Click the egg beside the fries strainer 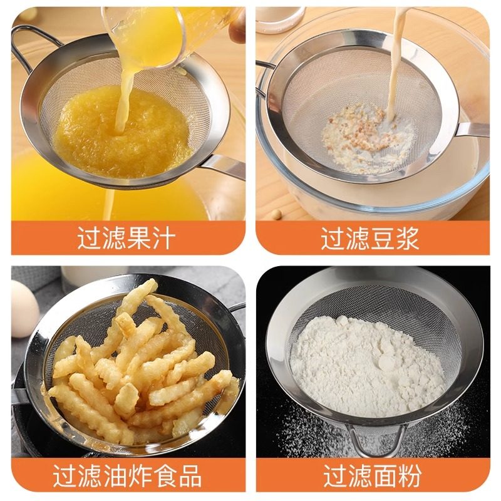(x=24, y=307)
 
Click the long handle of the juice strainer (x=222, y=166)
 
